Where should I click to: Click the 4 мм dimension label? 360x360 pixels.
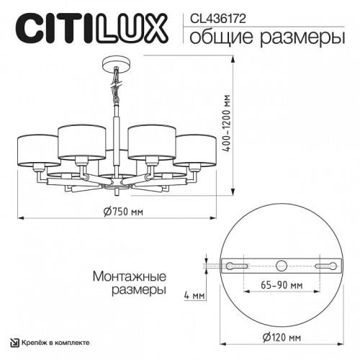tap(192, 295)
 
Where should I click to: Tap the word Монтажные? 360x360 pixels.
tap(130, 276)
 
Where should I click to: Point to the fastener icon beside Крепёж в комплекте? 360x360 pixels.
tap(14, 341)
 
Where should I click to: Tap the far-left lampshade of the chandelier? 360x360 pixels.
tap(37, 148)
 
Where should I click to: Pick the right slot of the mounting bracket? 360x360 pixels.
tap(327, 265)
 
